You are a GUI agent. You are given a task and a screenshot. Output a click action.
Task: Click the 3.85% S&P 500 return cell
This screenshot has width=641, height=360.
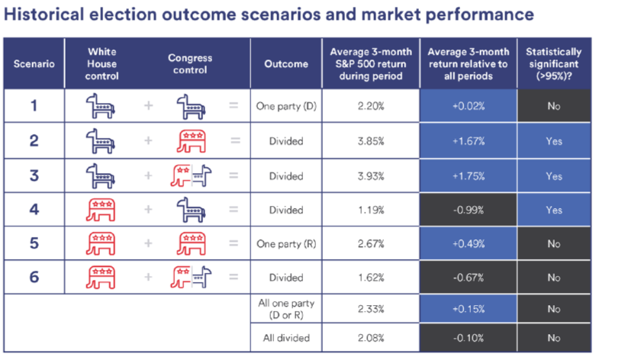371,141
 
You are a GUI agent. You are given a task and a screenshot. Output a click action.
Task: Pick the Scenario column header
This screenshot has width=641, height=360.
34,64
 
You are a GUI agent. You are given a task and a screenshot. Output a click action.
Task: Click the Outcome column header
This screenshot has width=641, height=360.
286,64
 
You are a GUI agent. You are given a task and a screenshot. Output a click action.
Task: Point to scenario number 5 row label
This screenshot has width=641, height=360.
34,243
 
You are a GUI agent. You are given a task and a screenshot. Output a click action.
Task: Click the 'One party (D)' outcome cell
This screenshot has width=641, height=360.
286,106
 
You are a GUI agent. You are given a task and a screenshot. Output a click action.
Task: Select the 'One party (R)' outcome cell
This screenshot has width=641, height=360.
286,244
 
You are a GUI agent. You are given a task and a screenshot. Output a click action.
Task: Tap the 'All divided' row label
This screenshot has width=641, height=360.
286,338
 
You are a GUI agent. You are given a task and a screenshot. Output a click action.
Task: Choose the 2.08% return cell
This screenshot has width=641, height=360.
371,338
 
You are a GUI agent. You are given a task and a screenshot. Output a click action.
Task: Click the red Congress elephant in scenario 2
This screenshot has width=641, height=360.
191,141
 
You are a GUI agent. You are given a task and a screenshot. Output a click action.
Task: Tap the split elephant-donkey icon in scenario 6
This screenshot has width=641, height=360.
191,278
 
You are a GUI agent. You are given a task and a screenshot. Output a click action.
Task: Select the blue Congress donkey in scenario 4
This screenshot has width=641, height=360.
191,210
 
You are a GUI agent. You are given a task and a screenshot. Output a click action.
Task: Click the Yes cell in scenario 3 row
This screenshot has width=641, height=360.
554,175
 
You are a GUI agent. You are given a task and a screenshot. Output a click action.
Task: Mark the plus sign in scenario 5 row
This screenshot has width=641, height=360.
148,244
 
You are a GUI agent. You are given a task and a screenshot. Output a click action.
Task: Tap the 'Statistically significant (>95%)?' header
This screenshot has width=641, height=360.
554,64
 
